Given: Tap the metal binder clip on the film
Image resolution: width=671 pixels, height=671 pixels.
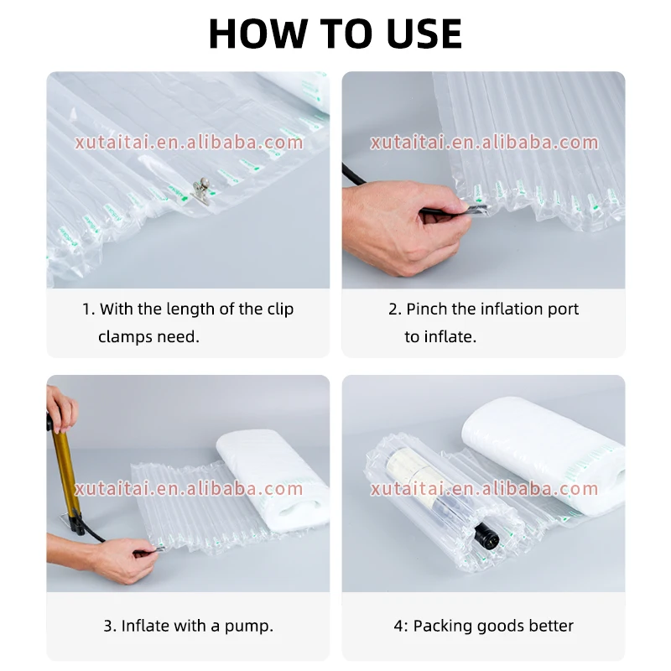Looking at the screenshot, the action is click(200, 191).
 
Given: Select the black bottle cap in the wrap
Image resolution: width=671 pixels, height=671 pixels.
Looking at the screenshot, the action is click(487, 534).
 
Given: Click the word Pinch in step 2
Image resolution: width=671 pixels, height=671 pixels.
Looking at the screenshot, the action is click(427, 309).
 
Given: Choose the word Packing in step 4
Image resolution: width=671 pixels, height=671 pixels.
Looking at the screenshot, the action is click(443, 626).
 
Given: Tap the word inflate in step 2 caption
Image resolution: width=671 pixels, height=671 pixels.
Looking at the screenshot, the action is click(450, 337).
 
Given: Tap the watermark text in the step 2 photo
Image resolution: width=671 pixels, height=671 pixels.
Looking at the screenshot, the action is click(484, 143).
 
